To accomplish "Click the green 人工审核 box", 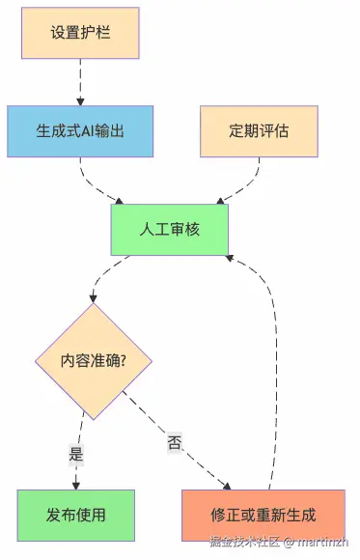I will tap(170, 230).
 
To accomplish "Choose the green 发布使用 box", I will tap(75, 515).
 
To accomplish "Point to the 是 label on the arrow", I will tap(76, 452).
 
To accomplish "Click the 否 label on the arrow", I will tap(175, 443).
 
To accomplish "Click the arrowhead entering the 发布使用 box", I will tap(75, 484).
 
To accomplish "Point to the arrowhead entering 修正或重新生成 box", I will tap(229, 485).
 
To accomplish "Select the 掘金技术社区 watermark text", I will tap(244, 543).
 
